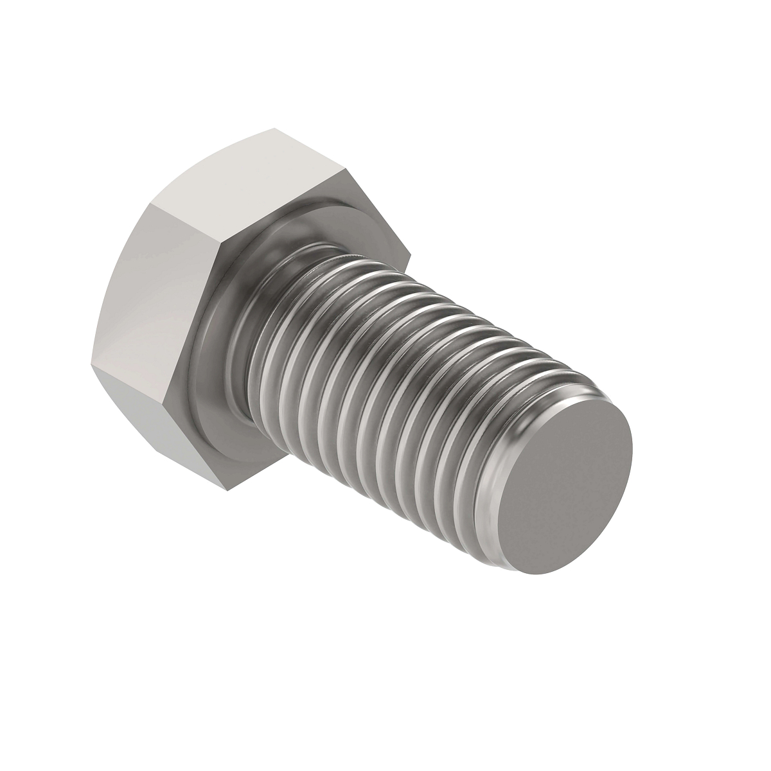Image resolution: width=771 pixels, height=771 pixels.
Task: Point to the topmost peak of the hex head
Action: pyautogui.click(x=273, y=129)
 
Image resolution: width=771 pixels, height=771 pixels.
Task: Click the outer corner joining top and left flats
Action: pyautogui.click(x=152, y=205)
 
